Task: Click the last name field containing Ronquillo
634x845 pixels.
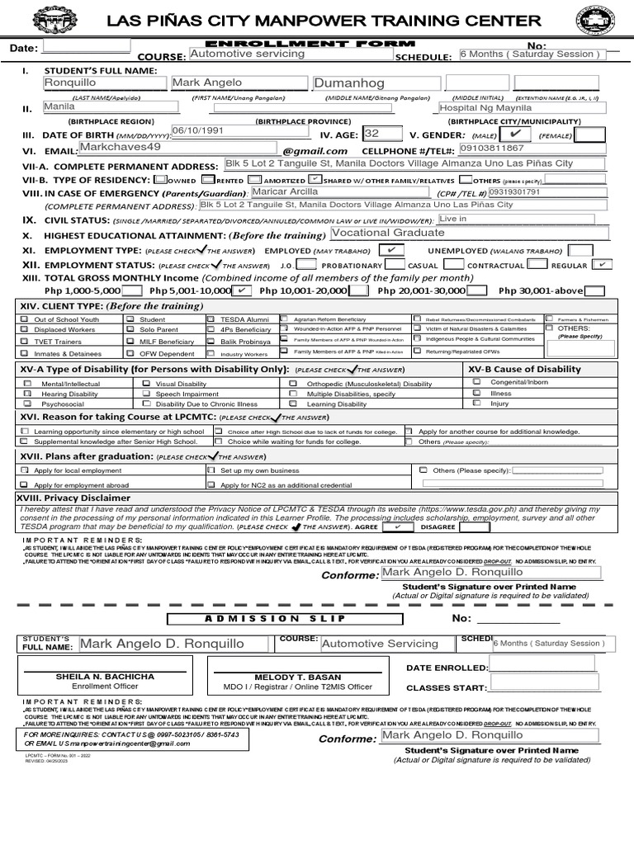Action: coord(103,83)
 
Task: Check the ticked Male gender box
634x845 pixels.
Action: coord(515,134)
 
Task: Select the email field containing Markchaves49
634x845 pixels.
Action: coord(176,148)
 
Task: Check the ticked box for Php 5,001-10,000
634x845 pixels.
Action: coord(242,290)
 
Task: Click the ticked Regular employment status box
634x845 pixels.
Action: coord(603,264)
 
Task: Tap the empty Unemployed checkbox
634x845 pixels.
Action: coord(580,249)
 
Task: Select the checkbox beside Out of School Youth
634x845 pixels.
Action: coord(26,319)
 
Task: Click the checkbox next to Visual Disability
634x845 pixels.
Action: coord(146,384)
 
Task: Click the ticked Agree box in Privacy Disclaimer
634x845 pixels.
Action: coord(398,526)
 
